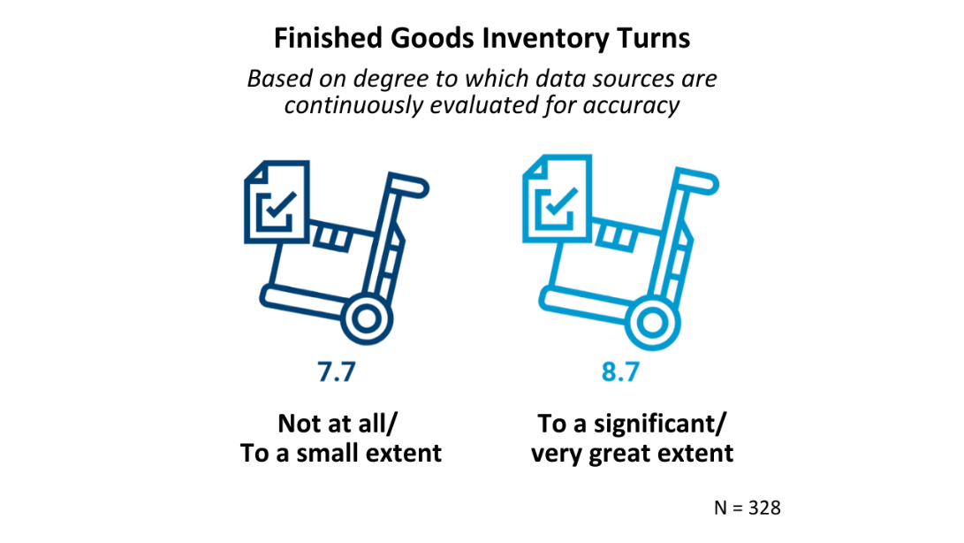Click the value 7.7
(336, 371)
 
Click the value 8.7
(620, 371)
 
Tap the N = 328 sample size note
(747, 508)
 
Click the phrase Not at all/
(341, 423)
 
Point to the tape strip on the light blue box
(616, 238)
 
